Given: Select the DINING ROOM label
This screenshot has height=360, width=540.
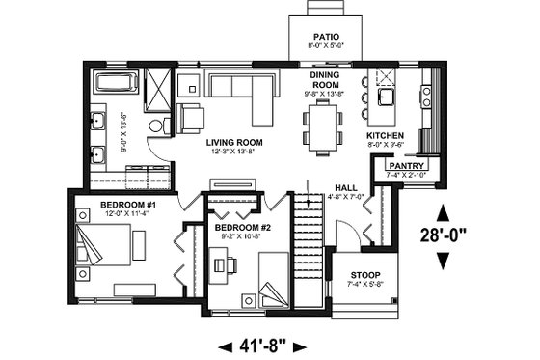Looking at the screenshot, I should (x=323, y=79).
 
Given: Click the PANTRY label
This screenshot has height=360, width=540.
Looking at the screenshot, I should (x=407, y=166).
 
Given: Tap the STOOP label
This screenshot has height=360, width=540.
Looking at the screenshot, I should (x=364, y=274).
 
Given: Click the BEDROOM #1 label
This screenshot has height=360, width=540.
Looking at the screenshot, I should (x=127, y=205).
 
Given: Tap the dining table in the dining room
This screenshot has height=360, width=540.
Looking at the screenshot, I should (x=323, y=127).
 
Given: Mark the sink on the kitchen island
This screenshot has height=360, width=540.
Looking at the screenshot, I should (x=391, y=97).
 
